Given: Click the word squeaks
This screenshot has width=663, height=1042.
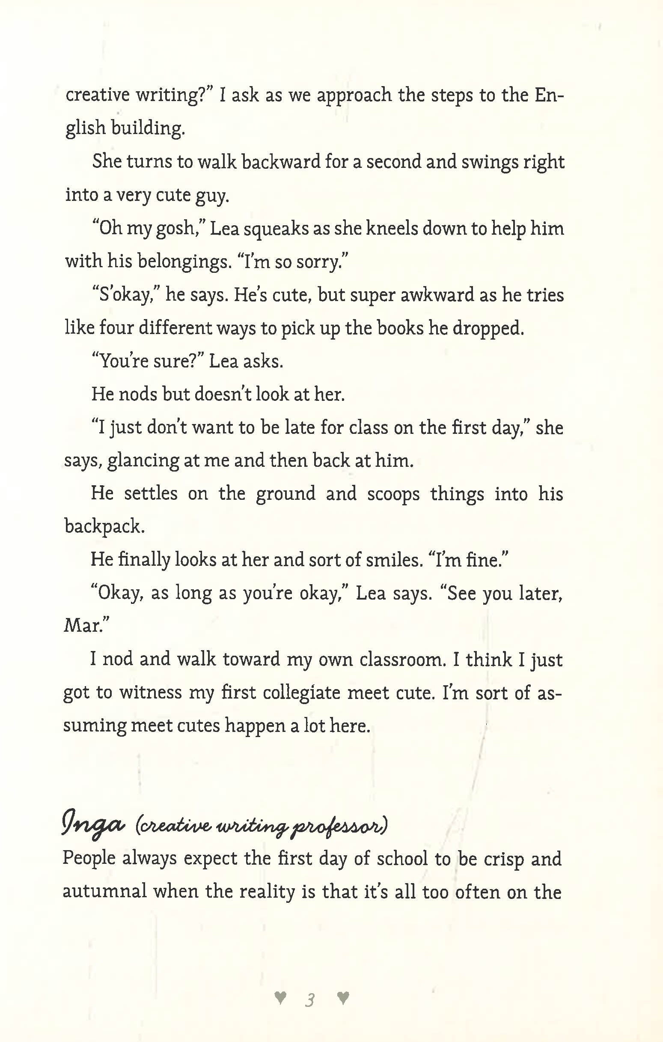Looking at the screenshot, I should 276,228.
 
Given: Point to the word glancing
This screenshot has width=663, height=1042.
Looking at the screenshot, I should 143,460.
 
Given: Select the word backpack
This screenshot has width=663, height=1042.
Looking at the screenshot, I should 104,527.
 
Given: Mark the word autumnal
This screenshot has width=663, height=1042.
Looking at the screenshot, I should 105,892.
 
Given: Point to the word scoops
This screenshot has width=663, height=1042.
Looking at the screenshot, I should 393,494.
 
